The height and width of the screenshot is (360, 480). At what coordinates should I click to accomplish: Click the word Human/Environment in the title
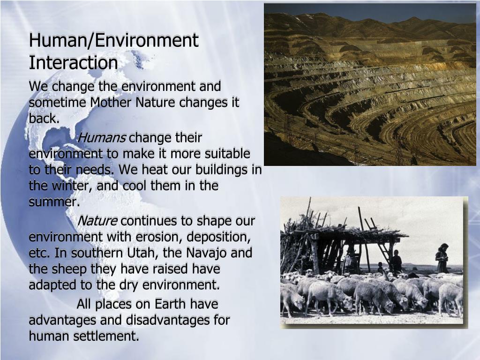tap(113, 41)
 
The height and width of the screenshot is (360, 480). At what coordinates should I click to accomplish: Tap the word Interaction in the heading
tap(73, 63)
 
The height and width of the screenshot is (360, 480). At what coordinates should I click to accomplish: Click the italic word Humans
tap(101, 138)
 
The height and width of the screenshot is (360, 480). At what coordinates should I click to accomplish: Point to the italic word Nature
tap(97, 221)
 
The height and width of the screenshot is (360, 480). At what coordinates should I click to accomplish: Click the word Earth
tap(166, 304)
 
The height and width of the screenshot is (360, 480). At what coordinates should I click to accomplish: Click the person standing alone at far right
tap(441, 259)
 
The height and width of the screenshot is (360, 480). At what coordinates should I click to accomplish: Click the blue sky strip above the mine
tap(370, 10)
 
